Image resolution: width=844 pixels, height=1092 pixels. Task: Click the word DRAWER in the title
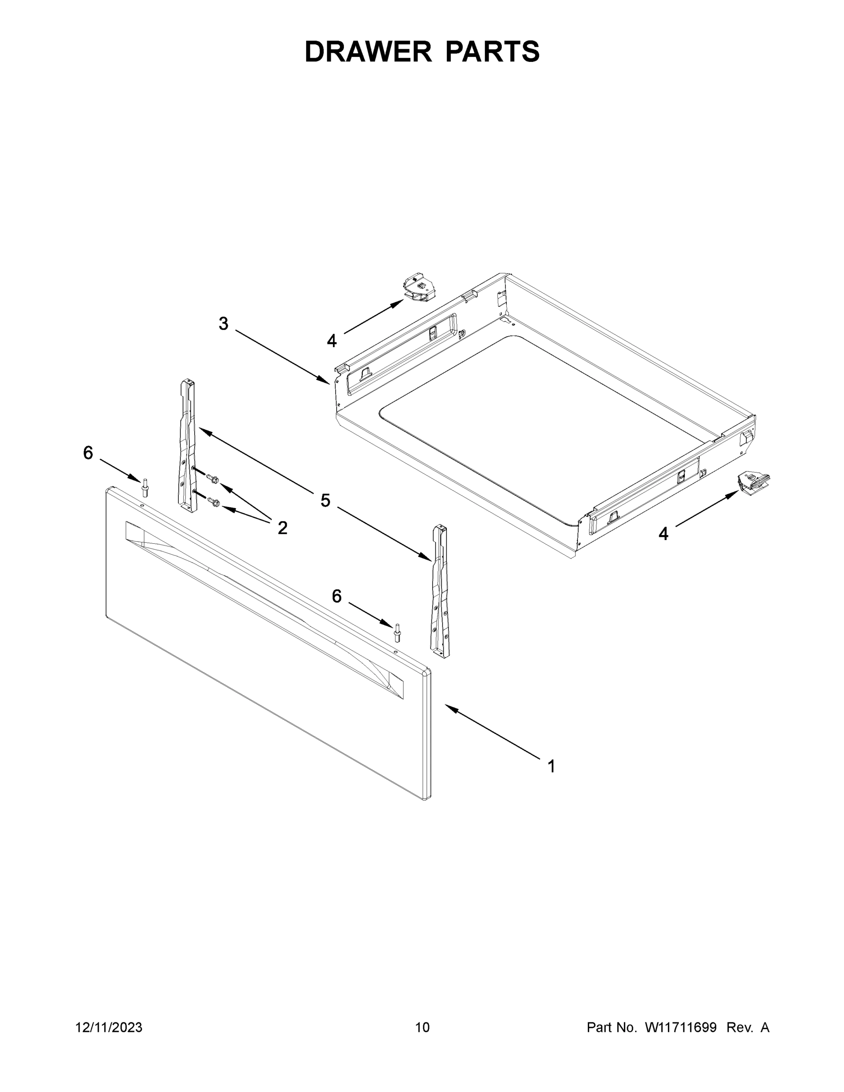[368, 51]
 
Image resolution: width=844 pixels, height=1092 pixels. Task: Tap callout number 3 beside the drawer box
[223, 324]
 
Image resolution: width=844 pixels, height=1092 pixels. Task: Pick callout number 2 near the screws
[283, 527]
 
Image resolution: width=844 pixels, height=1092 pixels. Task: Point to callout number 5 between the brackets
[325, 500]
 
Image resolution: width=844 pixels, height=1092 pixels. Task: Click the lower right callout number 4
[663, 534]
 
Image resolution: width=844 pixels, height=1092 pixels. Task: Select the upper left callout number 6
[88, 453]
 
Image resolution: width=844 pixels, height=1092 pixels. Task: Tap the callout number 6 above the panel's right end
[337, 596]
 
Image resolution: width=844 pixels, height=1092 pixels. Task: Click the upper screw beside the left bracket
[212, 479]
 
